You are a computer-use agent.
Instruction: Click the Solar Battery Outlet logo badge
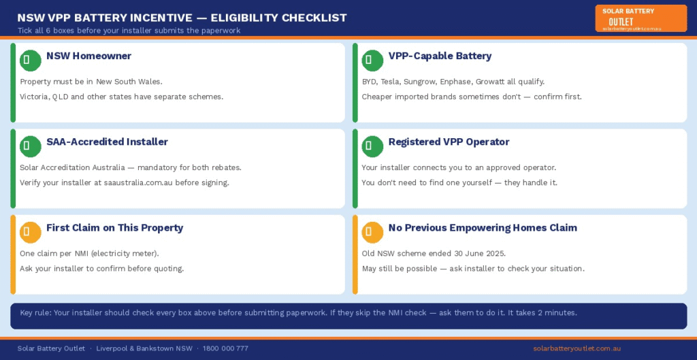(641, 18)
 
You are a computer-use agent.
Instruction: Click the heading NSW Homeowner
(88, 56)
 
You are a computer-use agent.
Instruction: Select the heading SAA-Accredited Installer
(107, 142)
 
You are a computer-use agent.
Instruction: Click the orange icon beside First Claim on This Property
(30, 232)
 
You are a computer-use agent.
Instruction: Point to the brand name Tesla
(390, 82)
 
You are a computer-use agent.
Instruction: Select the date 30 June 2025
(479, 253)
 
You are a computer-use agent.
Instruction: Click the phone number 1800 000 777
(225, 348)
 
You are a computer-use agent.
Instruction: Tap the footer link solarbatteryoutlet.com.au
(577, 348)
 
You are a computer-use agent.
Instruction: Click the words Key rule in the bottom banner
(35, 313)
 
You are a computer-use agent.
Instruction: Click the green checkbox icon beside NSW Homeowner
(30, 61)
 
